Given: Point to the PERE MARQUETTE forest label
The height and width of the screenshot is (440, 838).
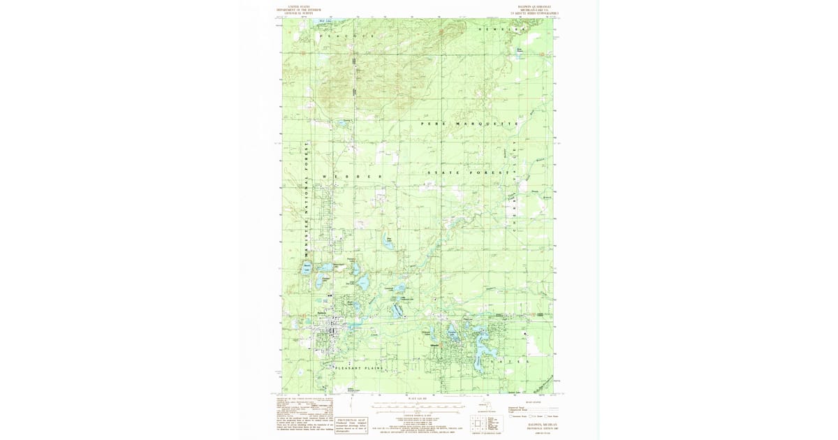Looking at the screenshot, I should (469, 123).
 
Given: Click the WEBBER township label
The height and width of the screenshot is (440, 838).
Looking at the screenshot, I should (353, 177).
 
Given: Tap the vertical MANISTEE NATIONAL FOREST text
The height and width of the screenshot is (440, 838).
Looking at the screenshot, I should (306, 203).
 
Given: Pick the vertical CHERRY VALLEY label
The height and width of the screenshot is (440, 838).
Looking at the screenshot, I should (517, 182).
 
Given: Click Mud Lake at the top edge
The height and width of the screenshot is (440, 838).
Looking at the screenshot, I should (323, 22).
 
